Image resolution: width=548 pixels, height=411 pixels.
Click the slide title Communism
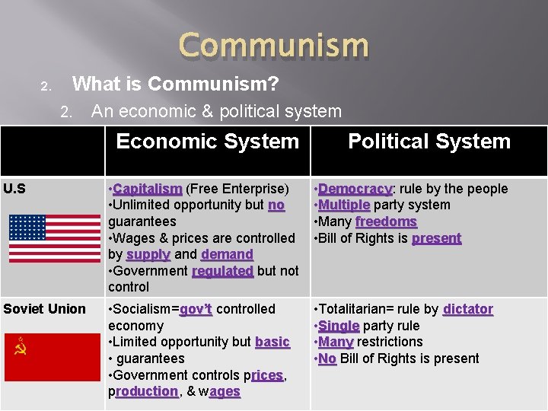pos(274,46)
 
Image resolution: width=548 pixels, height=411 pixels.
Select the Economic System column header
pos(208,142)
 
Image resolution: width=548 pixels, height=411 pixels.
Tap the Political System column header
pos(429,142)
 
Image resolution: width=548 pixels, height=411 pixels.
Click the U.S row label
pos(14,189)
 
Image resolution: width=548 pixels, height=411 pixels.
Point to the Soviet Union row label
pos(44,309)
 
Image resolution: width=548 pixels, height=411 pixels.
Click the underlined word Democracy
pos(355,189)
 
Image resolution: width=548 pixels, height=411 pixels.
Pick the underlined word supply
pos(148,254)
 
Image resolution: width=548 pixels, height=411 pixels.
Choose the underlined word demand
pos(227,254)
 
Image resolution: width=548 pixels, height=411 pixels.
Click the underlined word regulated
pos(222,271)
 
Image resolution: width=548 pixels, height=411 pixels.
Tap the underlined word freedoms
pos(386,221)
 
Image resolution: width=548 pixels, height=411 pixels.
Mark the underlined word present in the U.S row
pos(436,238)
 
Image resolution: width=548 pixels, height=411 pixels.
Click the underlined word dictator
pos(467,309)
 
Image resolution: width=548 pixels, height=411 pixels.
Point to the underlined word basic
pos(272,342)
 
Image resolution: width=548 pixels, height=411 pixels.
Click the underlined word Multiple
pos(344,205)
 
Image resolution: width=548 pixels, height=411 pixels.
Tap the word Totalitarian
pos(356,309)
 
